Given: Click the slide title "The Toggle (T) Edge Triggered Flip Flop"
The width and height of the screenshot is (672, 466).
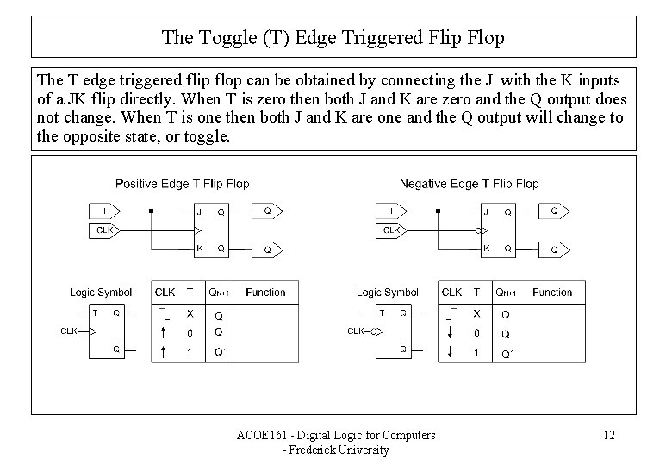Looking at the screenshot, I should [x=333, y=37].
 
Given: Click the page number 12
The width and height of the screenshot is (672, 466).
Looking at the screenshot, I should [x=608, y=435].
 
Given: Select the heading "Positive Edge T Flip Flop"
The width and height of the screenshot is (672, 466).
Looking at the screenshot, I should [x=183, y=183].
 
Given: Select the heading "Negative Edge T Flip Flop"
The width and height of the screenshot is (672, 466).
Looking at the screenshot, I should [x=469, y=183].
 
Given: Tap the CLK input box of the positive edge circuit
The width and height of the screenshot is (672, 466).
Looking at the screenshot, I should [x=104, y=230].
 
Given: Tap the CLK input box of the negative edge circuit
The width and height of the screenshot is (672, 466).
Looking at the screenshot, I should [x=392, y=230].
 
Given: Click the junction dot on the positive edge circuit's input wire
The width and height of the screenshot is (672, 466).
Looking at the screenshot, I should [x=151, y=211].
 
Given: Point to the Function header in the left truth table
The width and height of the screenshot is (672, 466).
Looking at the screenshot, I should [x=265, y=293].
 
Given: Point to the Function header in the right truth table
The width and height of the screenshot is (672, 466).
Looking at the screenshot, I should [x=552, y=293].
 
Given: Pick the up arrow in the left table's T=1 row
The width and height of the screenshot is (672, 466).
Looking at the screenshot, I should [x=164, y=351].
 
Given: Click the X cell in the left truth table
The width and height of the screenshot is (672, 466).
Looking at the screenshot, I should [x=190, y=313].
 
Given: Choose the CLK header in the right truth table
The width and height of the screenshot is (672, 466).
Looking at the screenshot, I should [x=451, y=293].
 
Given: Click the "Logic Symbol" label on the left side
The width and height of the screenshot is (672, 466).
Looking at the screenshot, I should [x=101, y=293].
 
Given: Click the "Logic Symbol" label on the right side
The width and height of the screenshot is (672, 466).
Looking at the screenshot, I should [x=388, y=293].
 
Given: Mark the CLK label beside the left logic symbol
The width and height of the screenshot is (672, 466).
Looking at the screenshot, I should [x=69, y=331].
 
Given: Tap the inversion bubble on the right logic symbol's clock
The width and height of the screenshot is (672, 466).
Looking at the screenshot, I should [x=375, y=331].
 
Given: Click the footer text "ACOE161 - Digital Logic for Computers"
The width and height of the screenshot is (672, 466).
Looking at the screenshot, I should [x=336, y=435].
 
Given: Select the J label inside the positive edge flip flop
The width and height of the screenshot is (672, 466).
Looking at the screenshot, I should [x=199, y=211].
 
